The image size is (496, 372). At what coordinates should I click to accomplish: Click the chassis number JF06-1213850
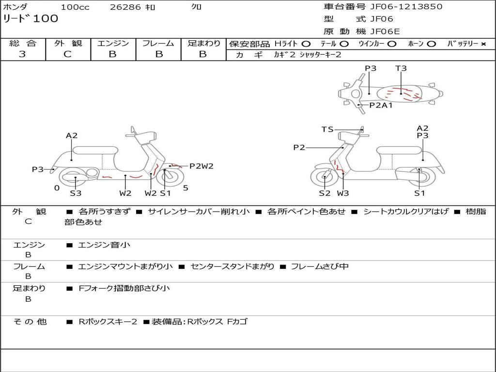click(406, 7)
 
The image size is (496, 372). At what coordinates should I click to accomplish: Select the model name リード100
click(31, 18)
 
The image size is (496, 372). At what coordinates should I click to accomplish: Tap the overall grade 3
click(22, 54)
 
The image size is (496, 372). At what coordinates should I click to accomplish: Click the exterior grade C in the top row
click(68, 54)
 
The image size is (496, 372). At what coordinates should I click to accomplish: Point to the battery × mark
click(483, 44)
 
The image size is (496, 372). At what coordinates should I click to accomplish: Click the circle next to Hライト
click(306, 44)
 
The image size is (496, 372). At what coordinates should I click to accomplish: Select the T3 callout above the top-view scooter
click(401, 68)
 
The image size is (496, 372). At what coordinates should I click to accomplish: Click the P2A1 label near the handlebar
click(381, 105)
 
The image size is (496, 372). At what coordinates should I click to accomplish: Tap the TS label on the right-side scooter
click(327, 129)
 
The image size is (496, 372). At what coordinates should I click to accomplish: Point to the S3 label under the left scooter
click(76, 193)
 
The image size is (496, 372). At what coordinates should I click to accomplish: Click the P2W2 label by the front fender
click(201, 166)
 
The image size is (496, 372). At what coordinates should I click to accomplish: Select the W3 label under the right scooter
click(343, 193)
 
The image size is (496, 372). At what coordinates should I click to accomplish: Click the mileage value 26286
click(125, 7)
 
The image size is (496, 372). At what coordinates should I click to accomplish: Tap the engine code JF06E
click(385, 31)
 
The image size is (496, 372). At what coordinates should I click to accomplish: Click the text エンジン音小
click(104, 245)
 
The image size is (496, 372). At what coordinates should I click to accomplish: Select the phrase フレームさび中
click(320, 266)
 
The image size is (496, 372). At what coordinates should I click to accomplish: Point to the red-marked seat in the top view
click(400, 93)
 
